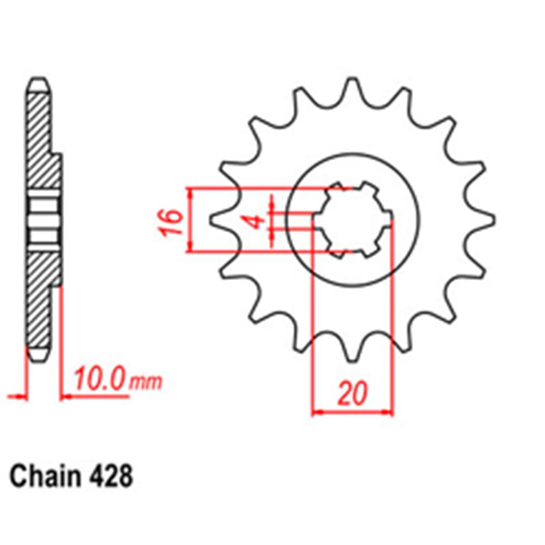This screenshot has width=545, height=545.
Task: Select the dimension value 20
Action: (352, 394)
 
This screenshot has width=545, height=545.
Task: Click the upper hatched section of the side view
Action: (41, 142)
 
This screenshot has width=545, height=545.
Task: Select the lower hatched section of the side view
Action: (41, 300)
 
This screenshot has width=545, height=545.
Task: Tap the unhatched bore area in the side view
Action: (43, 221)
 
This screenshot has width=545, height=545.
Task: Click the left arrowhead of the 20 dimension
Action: (316, 413)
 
